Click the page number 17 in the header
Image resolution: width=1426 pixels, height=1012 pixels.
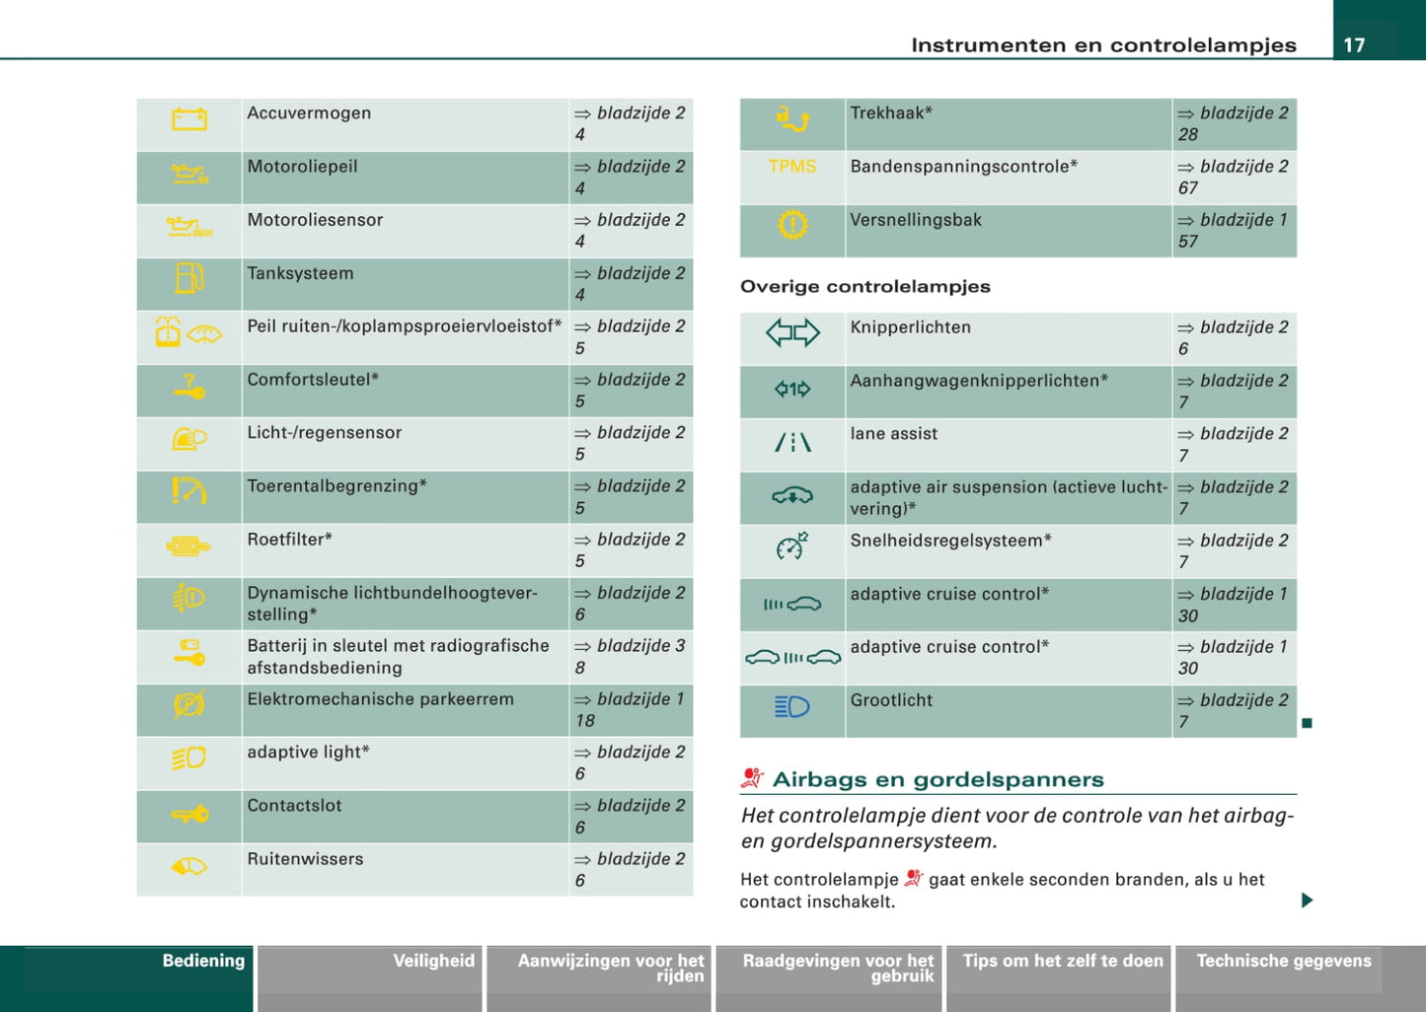pyautogui.click(x=1354, y=44)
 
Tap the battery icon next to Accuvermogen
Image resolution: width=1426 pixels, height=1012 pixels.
pyautogui.click(x=189, y=120)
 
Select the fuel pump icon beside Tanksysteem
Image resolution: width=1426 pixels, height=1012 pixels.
pyautogui.click(x=188, y=279)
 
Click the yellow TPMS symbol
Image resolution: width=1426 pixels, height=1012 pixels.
pyautogui.click(x=792, y=167)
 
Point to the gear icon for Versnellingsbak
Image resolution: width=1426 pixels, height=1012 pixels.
pyautogui.click(x=792, y=226)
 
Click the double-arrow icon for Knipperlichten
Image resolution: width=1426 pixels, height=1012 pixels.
pyautogui.click(x=792, y=333)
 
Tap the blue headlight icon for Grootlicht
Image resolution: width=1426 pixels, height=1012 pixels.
pyautogui.click(x=792, y=706)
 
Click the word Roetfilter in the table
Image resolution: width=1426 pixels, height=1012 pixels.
pyautogui.click(x=289, y=540)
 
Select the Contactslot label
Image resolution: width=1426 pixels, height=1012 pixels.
pyautogui.click(x=294, y=806)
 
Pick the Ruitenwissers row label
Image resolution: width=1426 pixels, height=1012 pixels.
pyautogui.click(x=305, y=859)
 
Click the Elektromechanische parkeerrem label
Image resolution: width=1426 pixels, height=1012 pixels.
pyautogui.click(x=380, y=699)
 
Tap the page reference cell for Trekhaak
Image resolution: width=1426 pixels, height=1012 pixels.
pyautogui.click(x=1234, y=123)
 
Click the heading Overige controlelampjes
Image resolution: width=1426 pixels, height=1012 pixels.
pyautogui.click(x=865, y=287)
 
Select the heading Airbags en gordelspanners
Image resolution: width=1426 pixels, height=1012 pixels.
pyautogui.click(x=938, y=779)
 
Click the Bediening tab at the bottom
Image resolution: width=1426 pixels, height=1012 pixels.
pyautogui.click(x=203, y=961)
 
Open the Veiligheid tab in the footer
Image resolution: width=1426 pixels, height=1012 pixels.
pyautogui.click(x=433, y=961)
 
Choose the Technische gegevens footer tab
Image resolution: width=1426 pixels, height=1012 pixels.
pyautogui.click(x=1283, y=961)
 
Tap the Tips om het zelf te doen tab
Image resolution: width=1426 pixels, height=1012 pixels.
pyautogui.click(x=1063, y=961)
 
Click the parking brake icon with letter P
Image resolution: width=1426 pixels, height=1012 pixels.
pyautogui.click(x=188, y=705)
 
